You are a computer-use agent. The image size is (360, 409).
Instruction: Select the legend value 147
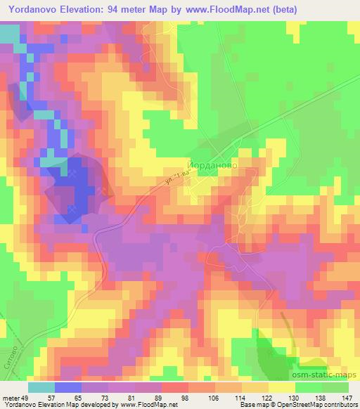click(347, 397)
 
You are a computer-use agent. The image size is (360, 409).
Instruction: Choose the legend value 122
click(268, 397)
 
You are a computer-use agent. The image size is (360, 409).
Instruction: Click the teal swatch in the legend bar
click(42, 387)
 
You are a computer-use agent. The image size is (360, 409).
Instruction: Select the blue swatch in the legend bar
click(69, 387)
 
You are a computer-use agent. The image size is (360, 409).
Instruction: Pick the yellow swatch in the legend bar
click(282, 387)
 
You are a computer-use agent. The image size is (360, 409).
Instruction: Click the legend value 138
click(321, 397)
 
